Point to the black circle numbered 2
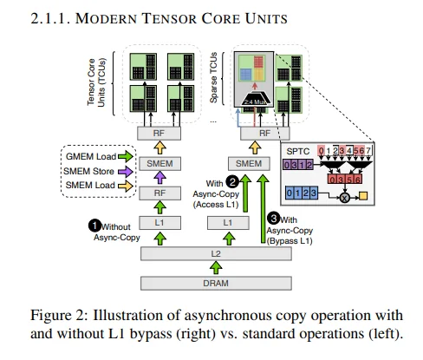233,181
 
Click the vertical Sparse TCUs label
226,76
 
